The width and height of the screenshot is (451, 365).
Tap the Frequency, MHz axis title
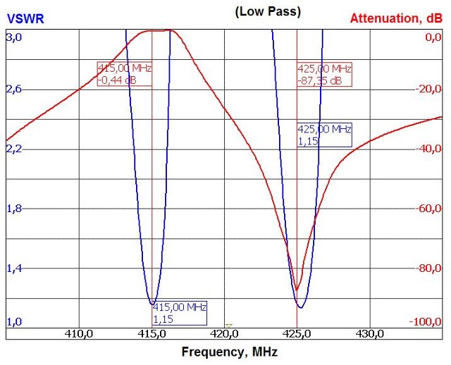point(229,352)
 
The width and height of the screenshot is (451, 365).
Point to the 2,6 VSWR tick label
point(14,89)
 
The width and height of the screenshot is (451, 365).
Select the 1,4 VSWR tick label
point(14,268)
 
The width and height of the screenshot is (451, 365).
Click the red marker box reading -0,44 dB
point(125,74)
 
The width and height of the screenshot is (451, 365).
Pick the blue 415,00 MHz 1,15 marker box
point(180,313)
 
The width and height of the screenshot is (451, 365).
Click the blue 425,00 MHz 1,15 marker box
point(324,135)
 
